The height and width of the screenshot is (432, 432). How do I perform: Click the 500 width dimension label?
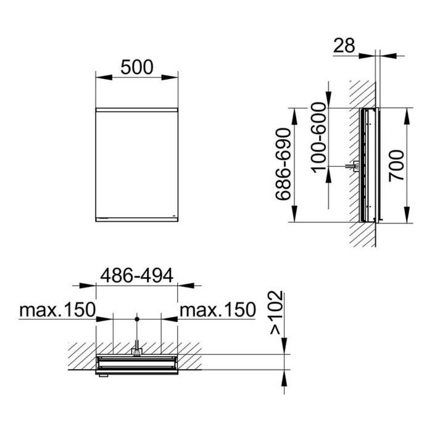[x=136, y=67]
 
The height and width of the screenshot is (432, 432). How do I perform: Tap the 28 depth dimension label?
[x=344, y=46]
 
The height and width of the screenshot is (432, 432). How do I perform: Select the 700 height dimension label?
[x=396, y=165]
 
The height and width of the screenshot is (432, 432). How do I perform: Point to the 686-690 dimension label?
[x=283, y=164]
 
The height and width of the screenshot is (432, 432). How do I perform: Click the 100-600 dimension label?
[x=319, y=138]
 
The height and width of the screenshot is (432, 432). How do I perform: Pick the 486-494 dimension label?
[x=136, y=275]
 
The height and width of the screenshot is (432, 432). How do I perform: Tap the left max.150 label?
[x=57, y=309]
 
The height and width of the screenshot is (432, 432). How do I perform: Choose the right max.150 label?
[x=218, y=309]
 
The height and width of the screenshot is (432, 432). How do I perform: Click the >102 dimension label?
[x=276, y=313]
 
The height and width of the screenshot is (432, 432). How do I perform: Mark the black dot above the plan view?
[x=137, y=319]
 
